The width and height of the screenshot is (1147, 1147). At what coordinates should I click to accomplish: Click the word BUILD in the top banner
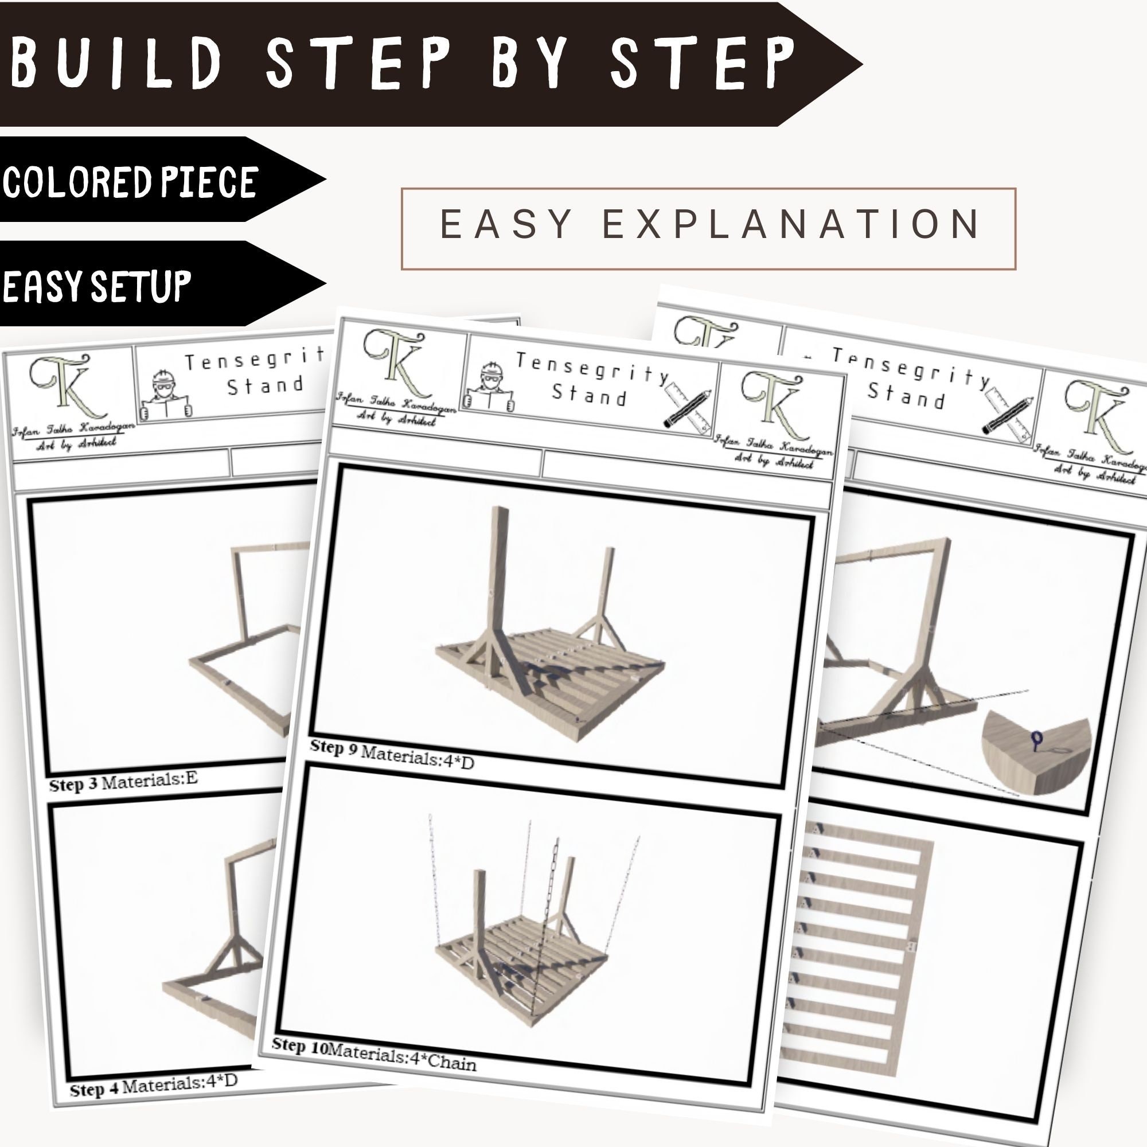(116, 63)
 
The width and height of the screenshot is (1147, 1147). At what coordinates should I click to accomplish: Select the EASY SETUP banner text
(97, 286)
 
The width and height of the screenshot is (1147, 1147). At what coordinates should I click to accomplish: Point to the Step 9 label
(333, 748)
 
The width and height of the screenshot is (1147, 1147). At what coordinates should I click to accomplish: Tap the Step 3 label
(73, 784)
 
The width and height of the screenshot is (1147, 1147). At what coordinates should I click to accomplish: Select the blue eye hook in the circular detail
(1036, 740)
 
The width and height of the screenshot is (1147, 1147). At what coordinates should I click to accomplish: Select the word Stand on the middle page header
(589, 395)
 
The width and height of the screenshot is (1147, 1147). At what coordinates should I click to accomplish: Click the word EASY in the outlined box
(506, 224)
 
